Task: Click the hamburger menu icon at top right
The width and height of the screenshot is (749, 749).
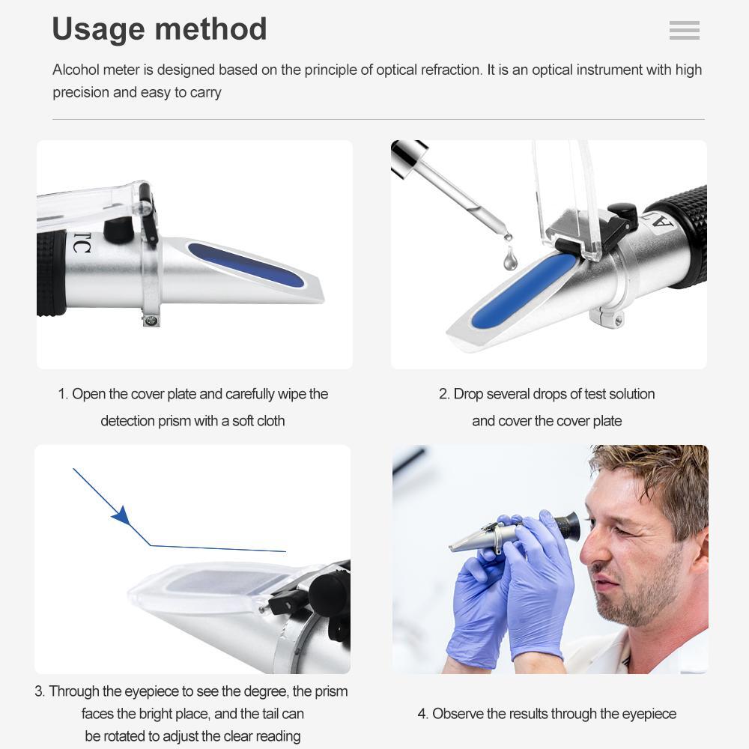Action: click(x=684, y=30)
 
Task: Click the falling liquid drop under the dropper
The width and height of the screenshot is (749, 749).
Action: click(x=510, y=259)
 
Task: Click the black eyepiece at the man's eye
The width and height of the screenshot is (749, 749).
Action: click(x=568, y=527)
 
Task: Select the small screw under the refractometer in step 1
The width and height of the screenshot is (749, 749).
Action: click(x=151, y=321)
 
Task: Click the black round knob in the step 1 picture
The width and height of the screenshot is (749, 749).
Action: click(x=118, y=230)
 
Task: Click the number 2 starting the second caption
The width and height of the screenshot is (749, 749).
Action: click(x=443, y=394)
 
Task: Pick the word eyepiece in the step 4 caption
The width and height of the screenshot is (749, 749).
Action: click(x=643, y=714)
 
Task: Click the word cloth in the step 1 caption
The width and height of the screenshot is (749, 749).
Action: click(x=270, y=421)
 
